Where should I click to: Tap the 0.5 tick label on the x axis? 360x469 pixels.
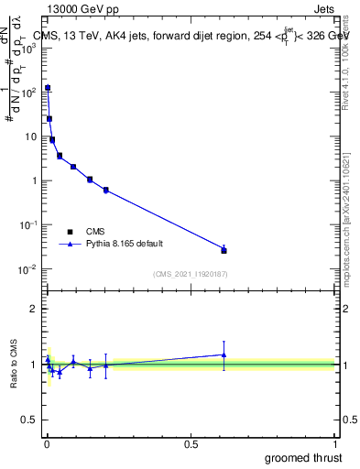[191, 442]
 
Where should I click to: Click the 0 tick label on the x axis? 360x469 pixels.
[47, 442]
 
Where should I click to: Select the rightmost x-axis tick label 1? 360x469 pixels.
[336, 442]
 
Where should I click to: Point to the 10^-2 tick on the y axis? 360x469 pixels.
[27, 268]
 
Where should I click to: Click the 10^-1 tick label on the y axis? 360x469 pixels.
[27, 224]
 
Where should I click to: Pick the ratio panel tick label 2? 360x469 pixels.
[33, 309]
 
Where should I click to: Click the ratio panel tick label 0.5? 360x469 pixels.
[29, 421]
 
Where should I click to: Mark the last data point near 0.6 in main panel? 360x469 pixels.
[224, 249]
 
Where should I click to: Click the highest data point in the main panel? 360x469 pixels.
[48, 88]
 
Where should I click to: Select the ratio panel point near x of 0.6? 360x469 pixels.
[224, 354]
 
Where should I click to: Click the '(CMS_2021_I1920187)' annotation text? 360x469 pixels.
[191, 274]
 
